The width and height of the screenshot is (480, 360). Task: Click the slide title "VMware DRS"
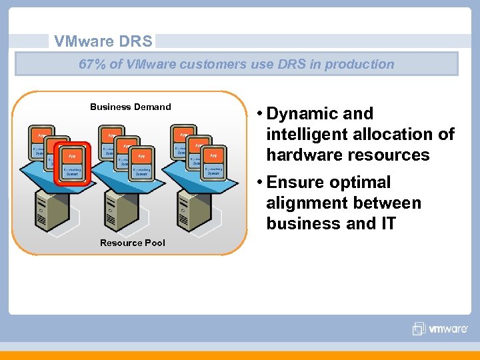(x=103, y=41)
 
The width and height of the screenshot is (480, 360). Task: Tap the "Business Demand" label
(x=131, y=107)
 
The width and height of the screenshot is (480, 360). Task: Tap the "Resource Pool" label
(x=133, y=243)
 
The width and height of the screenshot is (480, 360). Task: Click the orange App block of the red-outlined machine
(x=72, y=155)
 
